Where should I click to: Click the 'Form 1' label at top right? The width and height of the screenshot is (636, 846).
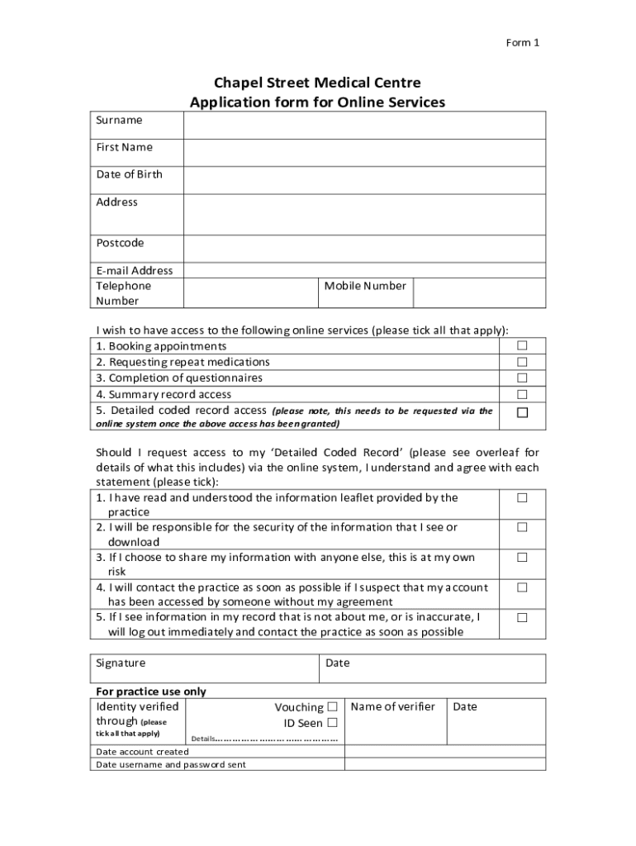[x=522, y=43]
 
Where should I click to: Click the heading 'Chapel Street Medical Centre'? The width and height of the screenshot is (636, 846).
[x=317, y=83]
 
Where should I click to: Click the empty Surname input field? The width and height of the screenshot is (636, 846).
[x=363, y=126]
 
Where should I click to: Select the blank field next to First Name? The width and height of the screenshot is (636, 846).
[x=363, y=153]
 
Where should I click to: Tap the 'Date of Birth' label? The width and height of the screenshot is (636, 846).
[x=129, y=174]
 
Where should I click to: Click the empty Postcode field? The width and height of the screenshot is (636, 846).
[x=363, y=249]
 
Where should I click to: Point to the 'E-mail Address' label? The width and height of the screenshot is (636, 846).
[x=135, y=270]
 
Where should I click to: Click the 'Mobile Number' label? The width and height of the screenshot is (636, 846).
[x=365, y=286]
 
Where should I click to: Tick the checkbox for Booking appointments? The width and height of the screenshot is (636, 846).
[x=522, y=346]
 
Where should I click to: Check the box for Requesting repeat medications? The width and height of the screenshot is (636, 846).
[x=522, y=362]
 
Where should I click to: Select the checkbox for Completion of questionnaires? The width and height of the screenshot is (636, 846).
[x=522, y=378]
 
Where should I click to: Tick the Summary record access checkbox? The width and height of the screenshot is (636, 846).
[x=522, y=394]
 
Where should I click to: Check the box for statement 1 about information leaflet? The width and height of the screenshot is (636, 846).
[x=522, y=497]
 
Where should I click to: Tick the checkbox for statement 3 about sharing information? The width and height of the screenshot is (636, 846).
[x=522, y=558]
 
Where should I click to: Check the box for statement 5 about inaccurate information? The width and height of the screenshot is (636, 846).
[x=522, y=617]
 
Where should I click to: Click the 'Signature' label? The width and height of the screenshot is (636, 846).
[x=121, y=663]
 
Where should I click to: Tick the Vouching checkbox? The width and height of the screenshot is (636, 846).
[x=332, y=706]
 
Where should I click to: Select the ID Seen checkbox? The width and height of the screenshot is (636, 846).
[x=332, y=723]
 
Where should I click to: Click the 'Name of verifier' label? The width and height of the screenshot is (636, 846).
[x=392, y=706]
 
